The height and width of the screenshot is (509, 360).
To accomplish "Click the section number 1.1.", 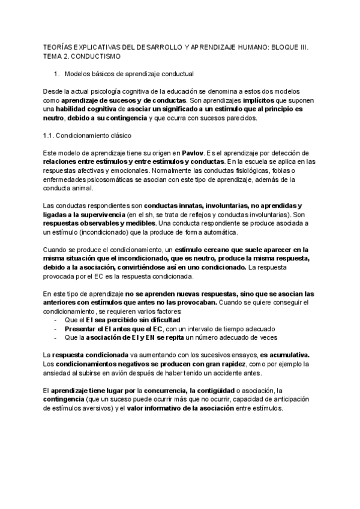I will pyautogui.click(x=51, y=136).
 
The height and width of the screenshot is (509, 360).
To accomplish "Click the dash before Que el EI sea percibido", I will pyautogui.click(x=56, y=321).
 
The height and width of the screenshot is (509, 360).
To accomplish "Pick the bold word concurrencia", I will pyautogui.click(x=164, y=391).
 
